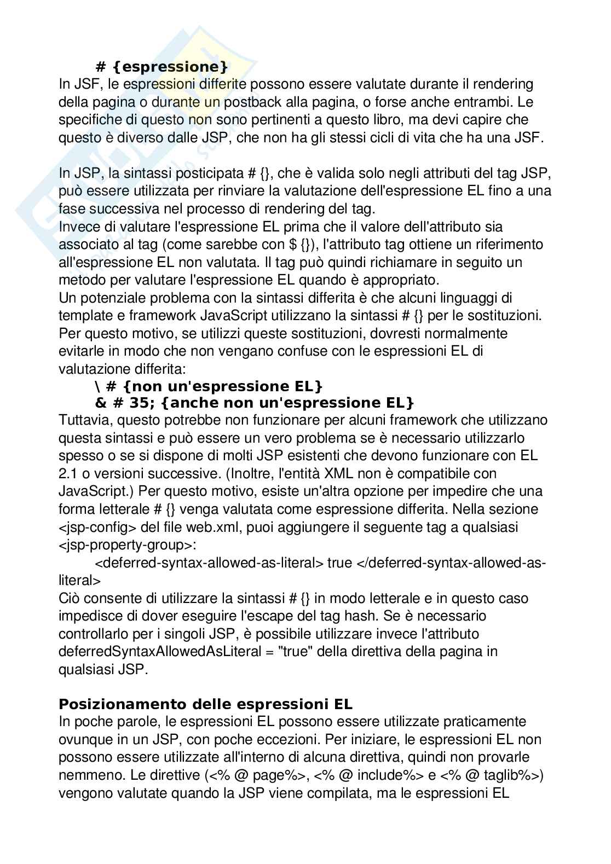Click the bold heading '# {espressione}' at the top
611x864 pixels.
[x=162, y=67]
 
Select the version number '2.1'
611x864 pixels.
[x=69, y=473]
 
